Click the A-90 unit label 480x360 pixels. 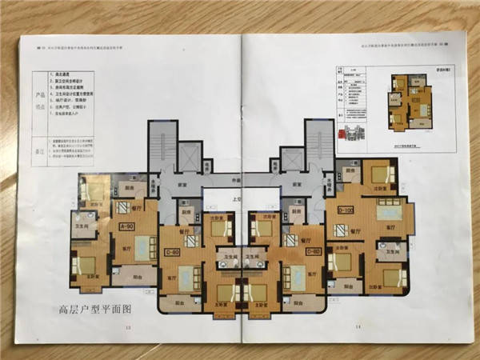tap(126, 227)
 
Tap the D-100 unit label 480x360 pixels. tap(346, 210)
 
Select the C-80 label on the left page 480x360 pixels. tap(171, 253)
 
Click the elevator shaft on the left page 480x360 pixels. tap(190, 155)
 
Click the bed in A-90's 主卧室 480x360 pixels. tap(86, 265)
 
